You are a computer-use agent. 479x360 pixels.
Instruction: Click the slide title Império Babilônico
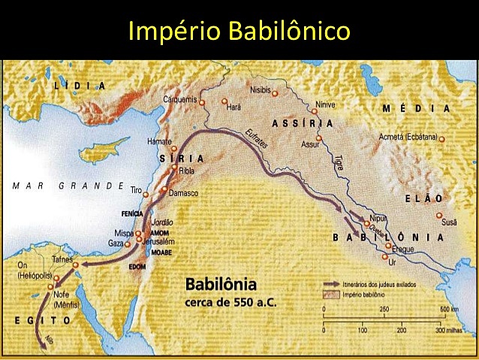239,31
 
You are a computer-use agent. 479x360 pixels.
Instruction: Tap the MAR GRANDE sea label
68,185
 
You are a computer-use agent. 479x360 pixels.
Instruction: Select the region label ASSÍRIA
303,123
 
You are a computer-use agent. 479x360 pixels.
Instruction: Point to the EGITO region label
44,319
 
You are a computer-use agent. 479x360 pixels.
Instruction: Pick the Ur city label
391,262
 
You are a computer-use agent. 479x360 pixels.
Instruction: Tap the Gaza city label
116,244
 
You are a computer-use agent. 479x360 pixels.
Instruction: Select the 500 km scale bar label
449,310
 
